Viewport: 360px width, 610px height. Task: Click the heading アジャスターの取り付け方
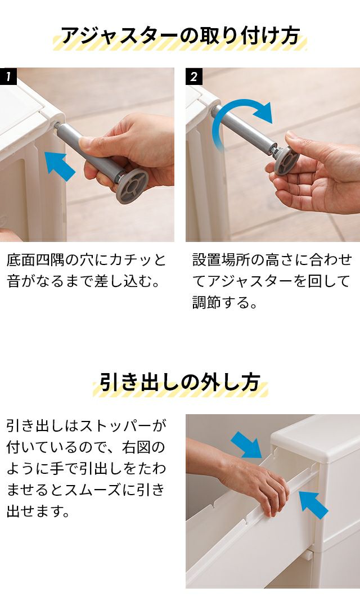[x=180, y=36]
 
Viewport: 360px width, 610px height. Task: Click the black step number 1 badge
[x=8, y=77]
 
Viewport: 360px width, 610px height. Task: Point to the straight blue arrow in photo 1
[x=60, y=166]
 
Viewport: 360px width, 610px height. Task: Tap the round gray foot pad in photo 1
[x=132, y=186]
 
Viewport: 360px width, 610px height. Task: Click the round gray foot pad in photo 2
[x=286, y=160]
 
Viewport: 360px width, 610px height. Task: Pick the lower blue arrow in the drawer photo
[x=313, y=505]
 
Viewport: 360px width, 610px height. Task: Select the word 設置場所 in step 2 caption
[x=221, y=260]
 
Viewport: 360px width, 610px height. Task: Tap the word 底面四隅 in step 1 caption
[x=35, y=260]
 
